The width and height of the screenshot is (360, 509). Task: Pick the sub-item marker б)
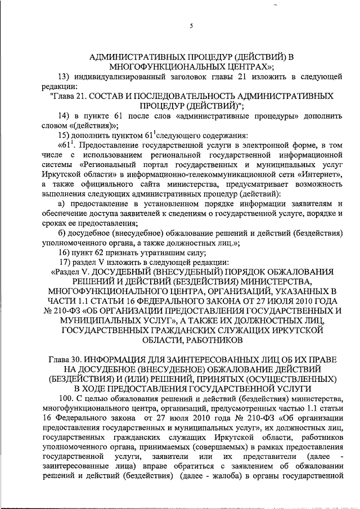(62, 232)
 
